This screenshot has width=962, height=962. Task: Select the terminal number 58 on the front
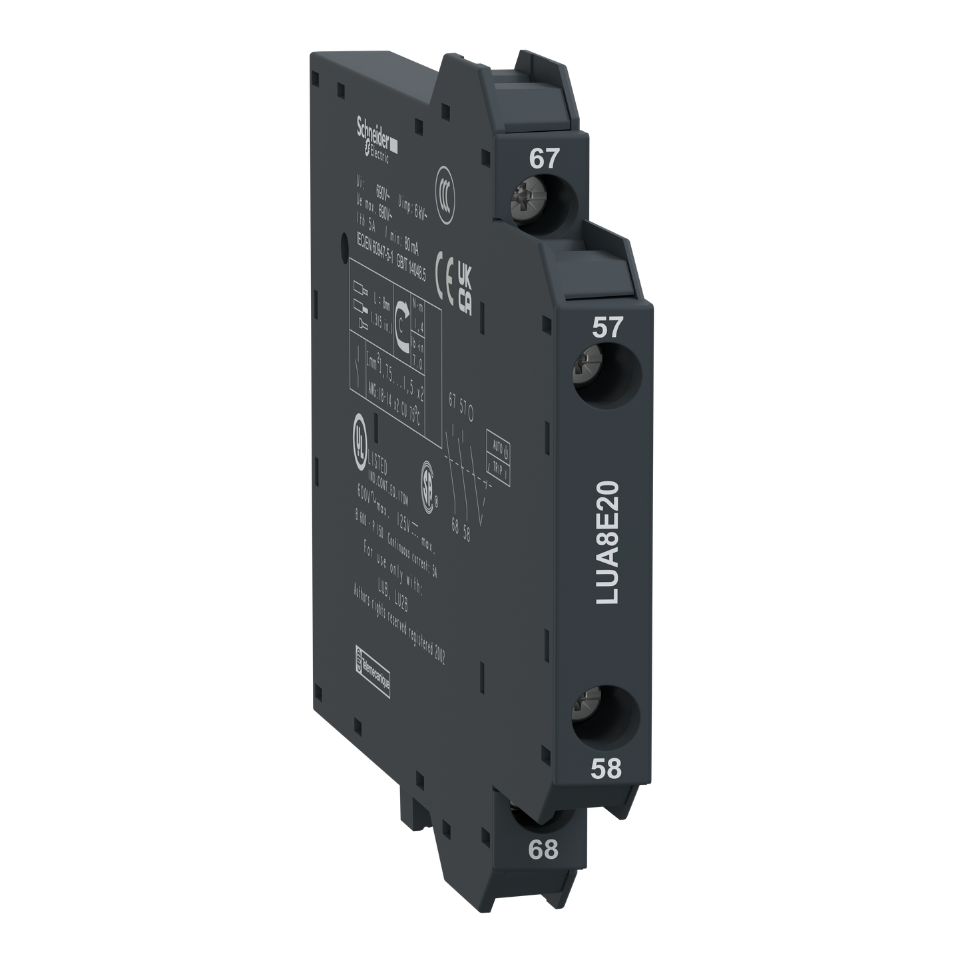click(x=606, y=768)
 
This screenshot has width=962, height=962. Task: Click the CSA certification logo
click(x=426, y=483)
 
